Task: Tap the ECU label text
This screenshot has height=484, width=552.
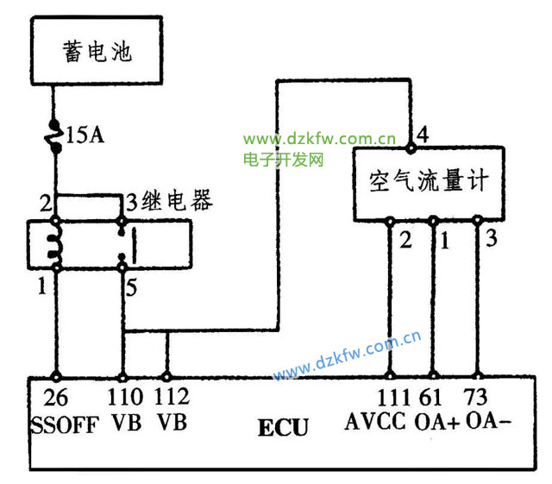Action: tap(283, 427)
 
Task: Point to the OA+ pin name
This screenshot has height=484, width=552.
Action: tap(437, 423)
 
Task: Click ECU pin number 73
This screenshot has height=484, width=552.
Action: tap(476, 399)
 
